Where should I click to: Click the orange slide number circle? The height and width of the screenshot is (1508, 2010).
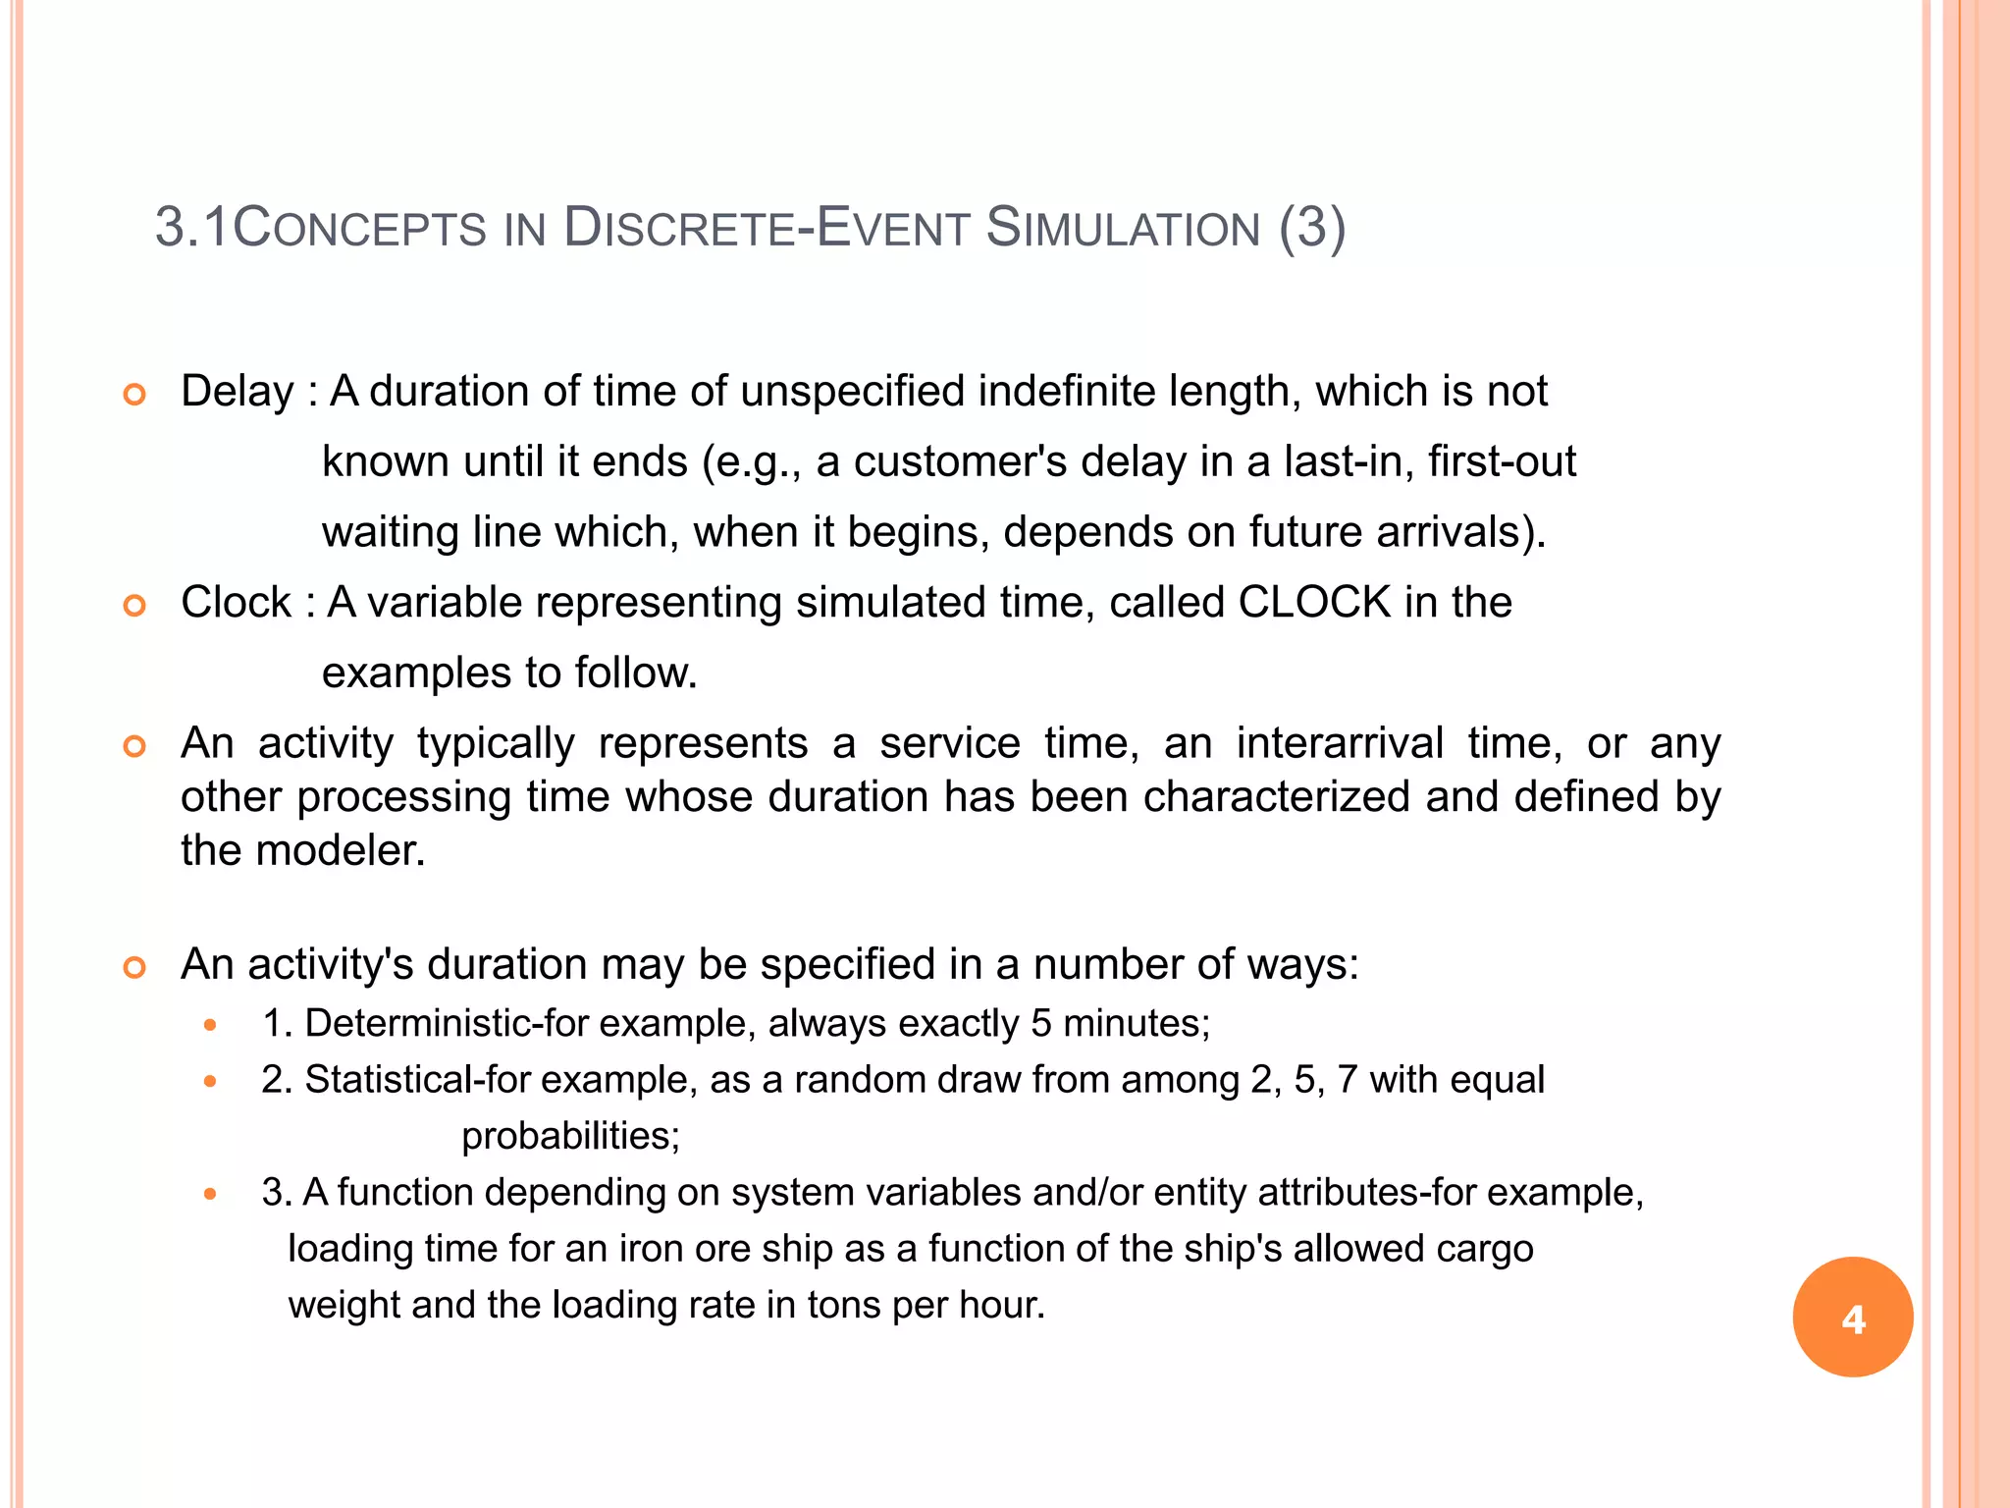(1852, 1317)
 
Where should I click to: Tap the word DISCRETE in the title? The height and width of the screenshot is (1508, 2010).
(679, 228)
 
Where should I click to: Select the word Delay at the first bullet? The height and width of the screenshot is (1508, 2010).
(238, 392)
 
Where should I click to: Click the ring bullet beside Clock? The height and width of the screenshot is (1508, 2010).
(134, 605)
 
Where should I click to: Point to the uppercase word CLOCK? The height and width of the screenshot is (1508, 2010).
(1314, 602)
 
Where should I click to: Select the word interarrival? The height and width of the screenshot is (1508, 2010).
(1339, 743)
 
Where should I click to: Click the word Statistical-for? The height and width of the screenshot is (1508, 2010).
(419, 1080)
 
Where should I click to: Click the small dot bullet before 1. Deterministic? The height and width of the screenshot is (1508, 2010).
(209, 1025)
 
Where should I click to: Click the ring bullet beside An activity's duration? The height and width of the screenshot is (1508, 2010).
(134, 967)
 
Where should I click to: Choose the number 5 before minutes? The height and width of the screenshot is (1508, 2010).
(1041, 1024)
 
